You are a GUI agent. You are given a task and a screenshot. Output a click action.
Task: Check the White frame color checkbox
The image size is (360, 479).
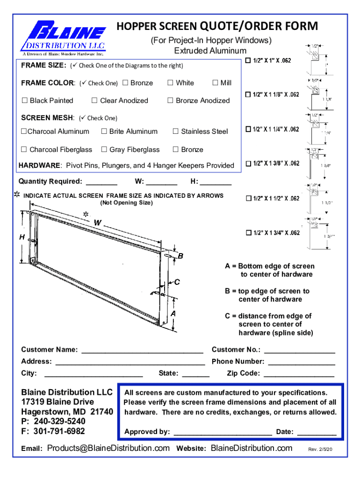pos(170,83)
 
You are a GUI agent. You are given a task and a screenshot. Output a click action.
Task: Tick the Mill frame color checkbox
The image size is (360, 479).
pos(215,83)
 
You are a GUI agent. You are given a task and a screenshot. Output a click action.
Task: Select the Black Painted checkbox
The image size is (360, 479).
pos(24,101)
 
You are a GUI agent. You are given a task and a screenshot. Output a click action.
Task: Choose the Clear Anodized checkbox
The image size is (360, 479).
pos(94,101)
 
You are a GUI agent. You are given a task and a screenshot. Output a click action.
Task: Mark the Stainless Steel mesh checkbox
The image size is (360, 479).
pos(176,131)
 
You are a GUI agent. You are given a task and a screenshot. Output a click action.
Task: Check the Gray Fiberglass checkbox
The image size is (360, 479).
pos(104,150)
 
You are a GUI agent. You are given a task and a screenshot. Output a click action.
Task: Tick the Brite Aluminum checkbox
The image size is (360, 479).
pos(104,131)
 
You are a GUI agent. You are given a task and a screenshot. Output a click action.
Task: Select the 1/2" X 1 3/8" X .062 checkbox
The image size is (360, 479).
pos(248,164)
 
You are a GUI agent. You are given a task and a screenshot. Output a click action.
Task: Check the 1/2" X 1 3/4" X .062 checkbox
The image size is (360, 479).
pos(248,233)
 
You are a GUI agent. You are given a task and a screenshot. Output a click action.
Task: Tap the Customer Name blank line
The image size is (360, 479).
pos(142,350)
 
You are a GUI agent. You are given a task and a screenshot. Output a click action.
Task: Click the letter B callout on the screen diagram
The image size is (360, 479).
pos(180,256)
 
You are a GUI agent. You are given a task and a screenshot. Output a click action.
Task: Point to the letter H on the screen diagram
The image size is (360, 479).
pos(22,237)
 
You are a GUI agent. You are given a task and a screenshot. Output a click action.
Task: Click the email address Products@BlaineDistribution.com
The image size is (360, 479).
pos(108,448)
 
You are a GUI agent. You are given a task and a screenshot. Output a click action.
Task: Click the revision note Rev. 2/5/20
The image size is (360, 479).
pos(320,450)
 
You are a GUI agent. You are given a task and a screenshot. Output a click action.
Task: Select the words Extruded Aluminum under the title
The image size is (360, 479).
pos(210,51)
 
